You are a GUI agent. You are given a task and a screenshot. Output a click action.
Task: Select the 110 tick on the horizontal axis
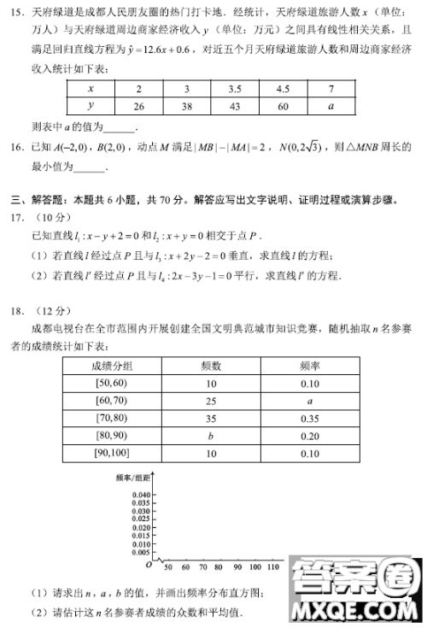(x=272, y=567)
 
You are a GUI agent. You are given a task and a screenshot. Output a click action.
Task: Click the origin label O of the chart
(x=148, y=565)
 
